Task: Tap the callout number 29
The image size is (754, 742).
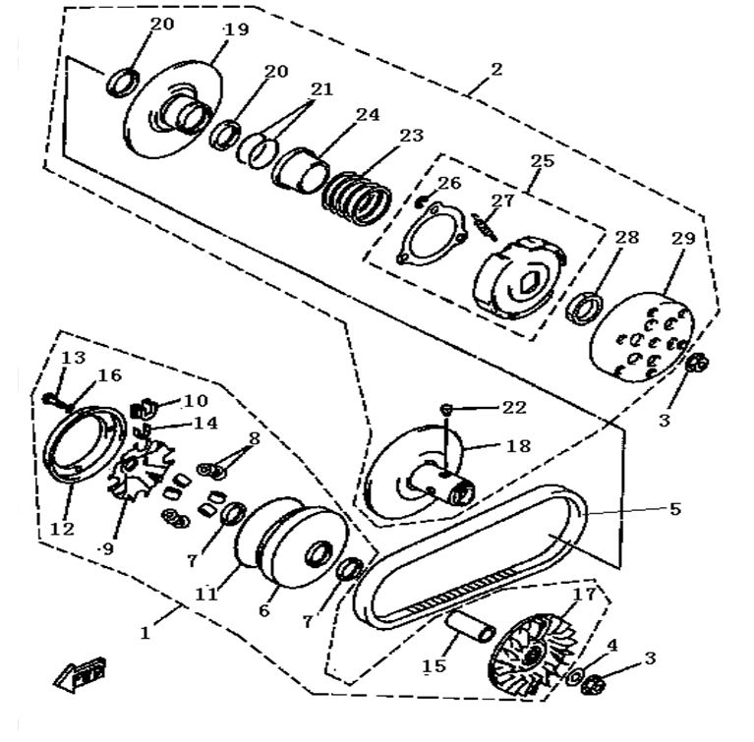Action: tap(684, 240)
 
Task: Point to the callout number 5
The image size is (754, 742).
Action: tap(675, 509)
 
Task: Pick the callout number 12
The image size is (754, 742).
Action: tap(63, 529)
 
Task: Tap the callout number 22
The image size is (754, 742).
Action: tap(514, 407)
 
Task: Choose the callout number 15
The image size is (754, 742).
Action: tap(434, 666)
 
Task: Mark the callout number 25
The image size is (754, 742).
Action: tap(542, 160)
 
